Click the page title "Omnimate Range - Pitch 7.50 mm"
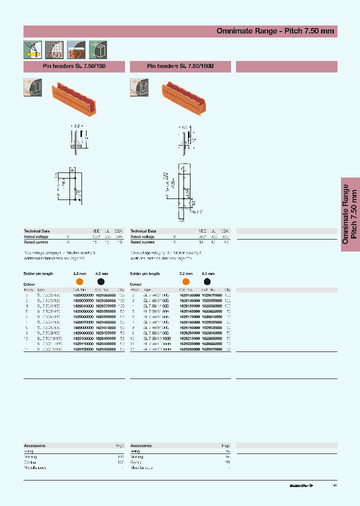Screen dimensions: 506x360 [275, 31]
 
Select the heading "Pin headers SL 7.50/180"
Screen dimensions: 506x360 [74, 66]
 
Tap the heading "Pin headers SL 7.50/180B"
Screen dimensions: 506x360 [180, 66]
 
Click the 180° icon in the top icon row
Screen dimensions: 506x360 [76, 50]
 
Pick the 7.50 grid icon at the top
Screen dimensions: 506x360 [54, 50]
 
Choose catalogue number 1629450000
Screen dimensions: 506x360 [104, 349]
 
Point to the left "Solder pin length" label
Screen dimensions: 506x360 [38, 274]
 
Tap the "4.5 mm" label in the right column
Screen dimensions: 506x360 [208, 274]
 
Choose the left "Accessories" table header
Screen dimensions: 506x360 [35, 445]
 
